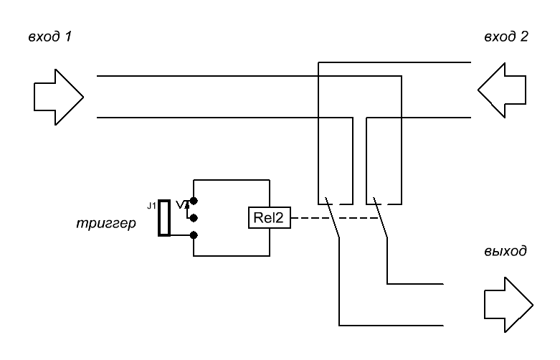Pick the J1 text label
tap(150, 206)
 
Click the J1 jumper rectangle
tap(163, 218)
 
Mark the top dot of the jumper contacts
tap(192, 202)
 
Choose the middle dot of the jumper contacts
tap(192, 217)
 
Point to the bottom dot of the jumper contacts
tap(192, 235)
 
